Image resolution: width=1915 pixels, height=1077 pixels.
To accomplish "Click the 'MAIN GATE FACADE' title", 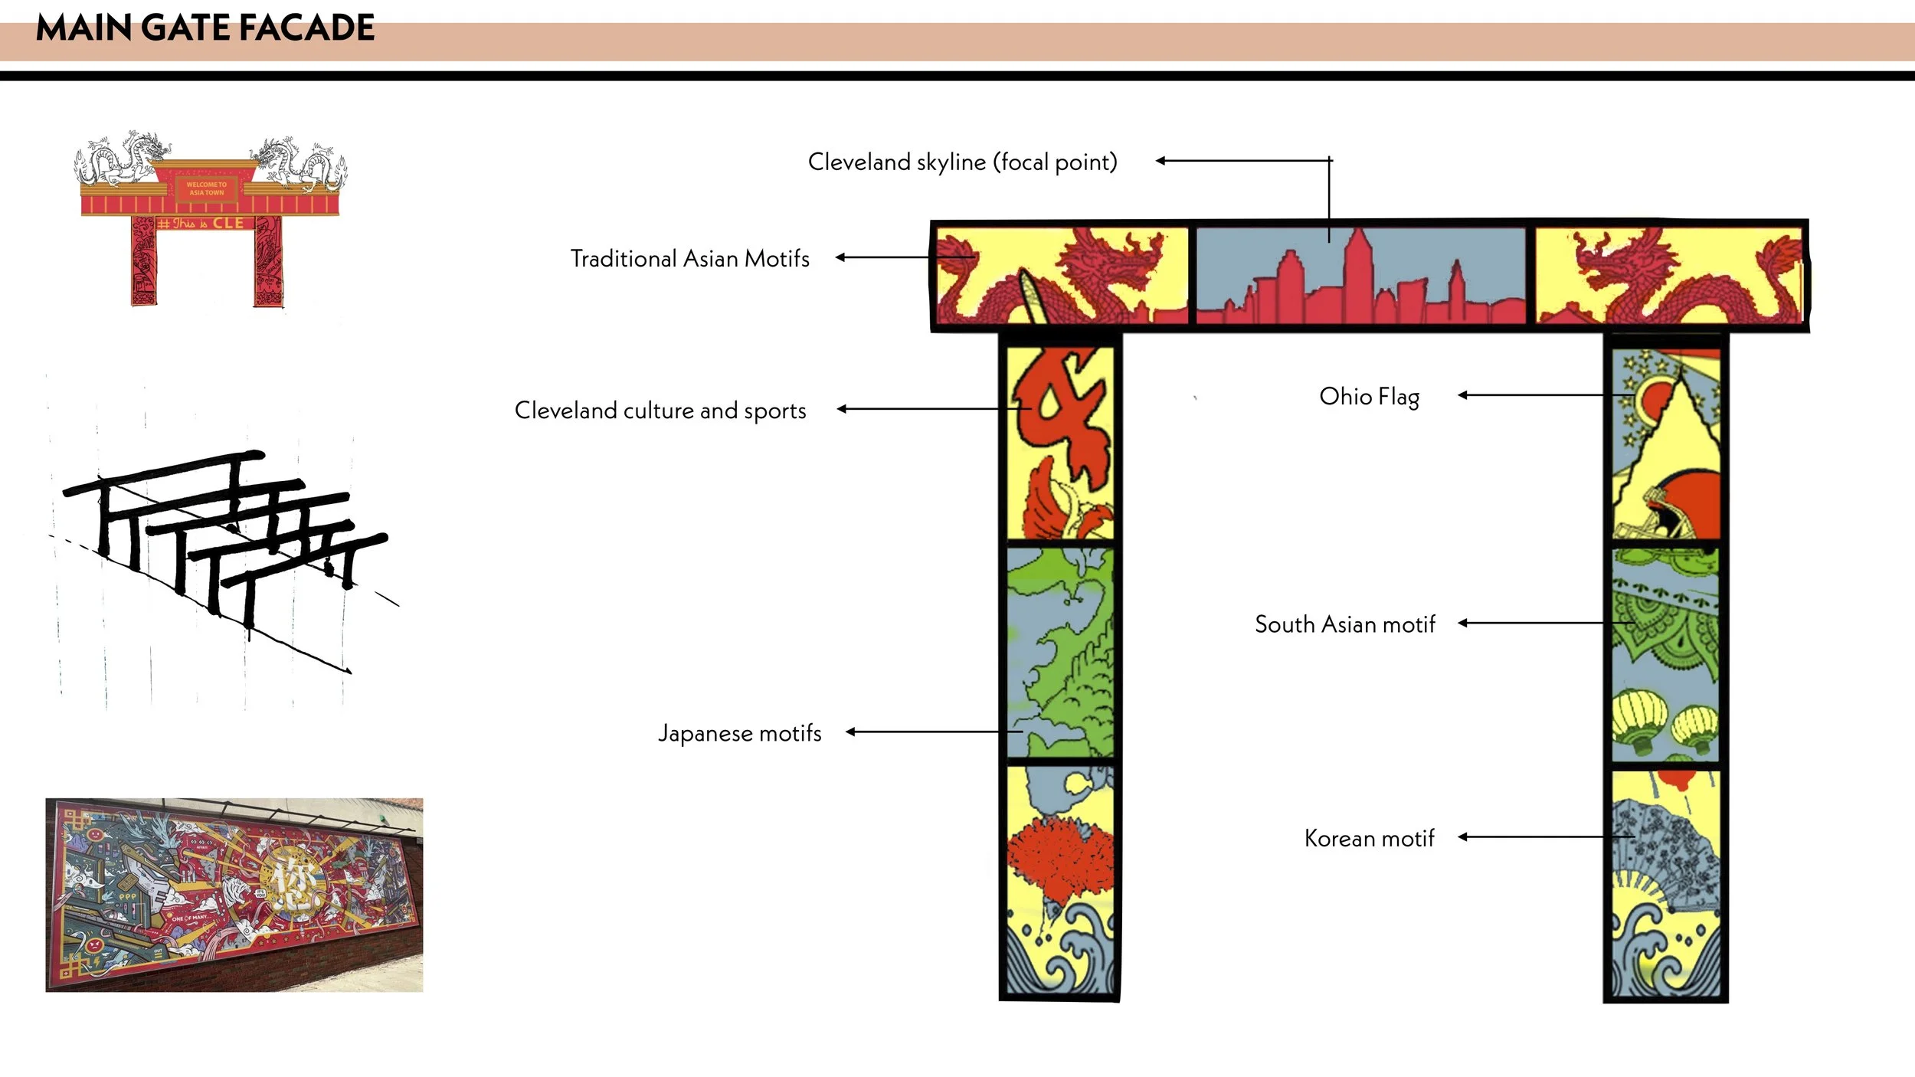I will pyautogui.click(x=205, y=28).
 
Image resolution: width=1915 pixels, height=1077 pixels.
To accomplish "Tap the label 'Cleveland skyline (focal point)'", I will pyautogui.click(x=962, y=162).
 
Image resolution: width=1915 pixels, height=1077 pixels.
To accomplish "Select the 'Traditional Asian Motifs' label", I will pyautogui.click(x=689, y=259).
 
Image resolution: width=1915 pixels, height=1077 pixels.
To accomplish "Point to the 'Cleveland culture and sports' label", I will pyautogui.click(x=660, y=411).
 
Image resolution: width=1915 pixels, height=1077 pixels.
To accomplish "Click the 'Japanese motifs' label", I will pyautogui.click(x=739, y=733).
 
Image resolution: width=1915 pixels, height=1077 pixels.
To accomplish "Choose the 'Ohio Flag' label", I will pyautogui.click(x=1369, y=397).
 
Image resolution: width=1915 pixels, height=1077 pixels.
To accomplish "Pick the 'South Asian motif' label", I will pyautogui.click(x=1344, y=624).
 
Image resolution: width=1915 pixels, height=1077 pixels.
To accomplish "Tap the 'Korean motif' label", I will pyautogui.click(x=1369, y=838).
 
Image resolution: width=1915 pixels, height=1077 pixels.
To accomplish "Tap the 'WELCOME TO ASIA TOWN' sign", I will pyautogui.click(x=206, y=188).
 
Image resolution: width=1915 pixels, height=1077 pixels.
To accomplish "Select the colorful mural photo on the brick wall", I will pyautogui.click(x=234, y=894).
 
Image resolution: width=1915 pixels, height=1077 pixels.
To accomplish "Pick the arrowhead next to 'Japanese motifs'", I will pyautogui.click(x=850, y=732).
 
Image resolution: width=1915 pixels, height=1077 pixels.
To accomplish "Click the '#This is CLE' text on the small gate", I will pyautogui.click(x=201, y=224).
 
